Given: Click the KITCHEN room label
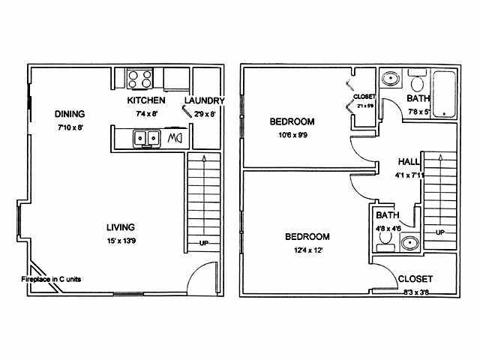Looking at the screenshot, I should [145, 100].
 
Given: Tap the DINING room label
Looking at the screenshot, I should [69, 114].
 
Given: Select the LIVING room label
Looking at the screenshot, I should [121, 226].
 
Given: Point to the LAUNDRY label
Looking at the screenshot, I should [204, 100].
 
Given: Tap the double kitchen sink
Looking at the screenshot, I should [145, 138].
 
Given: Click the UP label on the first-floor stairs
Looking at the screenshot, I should [202, 243].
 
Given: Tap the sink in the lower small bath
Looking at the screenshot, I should [409, 241].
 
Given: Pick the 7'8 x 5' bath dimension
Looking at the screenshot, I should [418, 112].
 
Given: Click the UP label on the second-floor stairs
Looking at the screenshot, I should [440, 232].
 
